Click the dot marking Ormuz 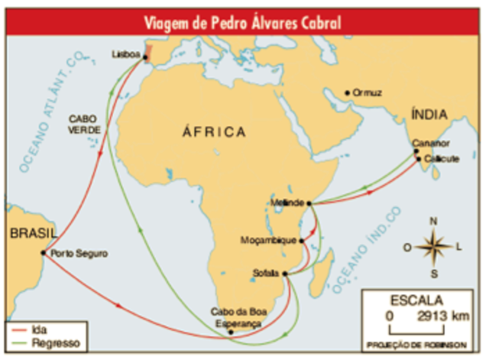(x=348, y=93)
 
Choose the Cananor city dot (x=417, y=151)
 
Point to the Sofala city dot (x=284, y=274)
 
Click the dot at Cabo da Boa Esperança (x=231, y=332)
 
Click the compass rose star (x=432, y=246)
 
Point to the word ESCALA (x=415, y=300)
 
